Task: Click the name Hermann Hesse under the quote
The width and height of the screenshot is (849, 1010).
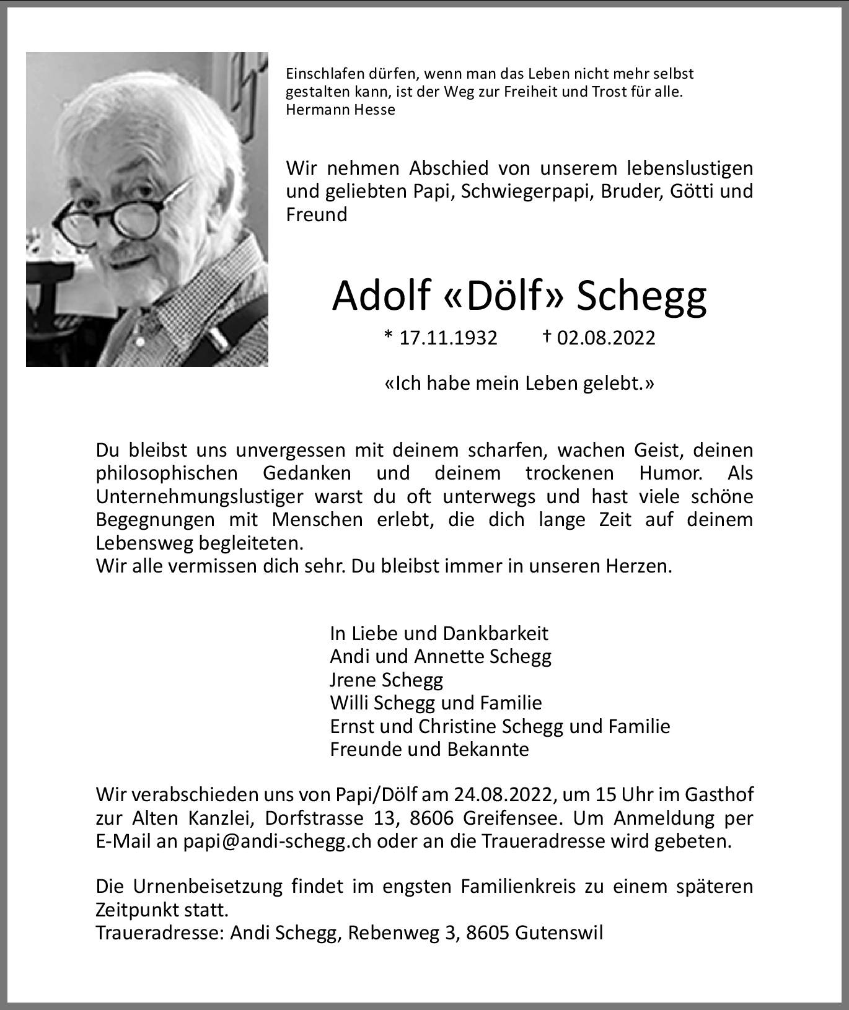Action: (340, 110)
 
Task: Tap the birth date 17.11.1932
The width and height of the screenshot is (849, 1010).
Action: (448, 338)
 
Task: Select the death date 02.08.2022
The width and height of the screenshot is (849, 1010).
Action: (605, 338)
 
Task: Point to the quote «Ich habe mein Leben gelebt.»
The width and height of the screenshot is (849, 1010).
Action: (519, 384)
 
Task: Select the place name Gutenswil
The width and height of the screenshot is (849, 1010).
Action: (558, 933)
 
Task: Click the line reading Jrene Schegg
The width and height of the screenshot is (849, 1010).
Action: (386, 680)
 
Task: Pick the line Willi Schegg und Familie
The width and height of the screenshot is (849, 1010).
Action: (436, 703)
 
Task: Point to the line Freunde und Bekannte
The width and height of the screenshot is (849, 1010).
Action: (429, 749)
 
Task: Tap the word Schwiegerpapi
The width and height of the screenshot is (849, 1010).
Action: (530, 191)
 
